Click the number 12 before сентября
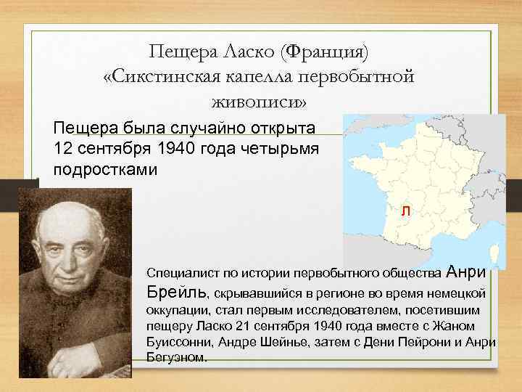click(x=63, y=150)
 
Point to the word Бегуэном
click(x=176, y=359)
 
